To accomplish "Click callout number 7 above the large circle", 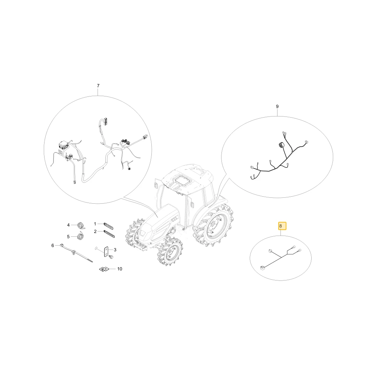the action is (98, 86).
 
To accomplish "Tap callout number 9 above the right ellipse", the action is (277, 106).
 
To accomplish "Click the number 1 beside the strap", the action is (95, 224).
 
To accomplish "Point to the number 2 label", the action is (95, 232).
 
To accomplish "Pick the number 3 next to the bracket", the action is (115, 250).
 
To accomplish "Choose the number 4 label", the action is (68, 225).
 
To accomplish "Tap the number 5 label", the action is (68, 237).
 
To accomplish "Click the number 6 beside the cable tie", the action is (53, 246).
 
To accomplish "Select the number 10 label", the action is (120, 269).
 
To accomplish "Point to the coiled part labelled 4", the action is (81, 226).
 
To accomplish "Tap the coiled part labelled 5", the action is (81, 236).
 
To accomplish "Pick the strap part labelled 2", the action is (109, 234).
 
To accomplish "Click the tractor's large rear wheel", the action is (214, 225).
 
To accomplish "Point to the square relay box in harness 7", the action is (64, 145).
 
